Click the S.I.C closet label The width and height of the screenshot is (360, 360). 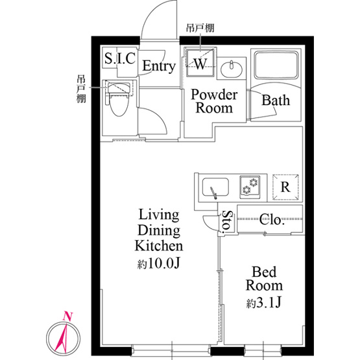[119, 58]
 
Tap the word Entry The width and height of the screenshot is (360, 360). [159, 66]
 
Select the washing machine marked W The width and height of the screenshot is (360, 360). [200, 63]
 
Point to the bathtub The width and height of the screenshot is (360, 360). [276, 66]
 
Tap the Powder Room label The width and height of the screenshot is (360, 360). [214, 101]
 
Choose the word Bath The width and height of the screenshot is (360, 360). [276, 101]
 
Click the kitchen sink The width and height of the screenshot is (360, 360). [215, 187]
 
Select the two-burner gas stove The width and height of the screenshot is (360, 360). [250, 187]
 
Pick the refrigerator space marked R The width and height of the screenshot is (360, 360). [285, 187]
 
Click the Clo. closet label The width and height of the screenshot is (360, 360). [272, 220]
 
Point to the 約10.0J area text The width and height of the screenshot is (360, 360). [158, 263]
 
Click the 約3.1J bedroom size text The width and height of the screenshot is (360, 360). [264, 303]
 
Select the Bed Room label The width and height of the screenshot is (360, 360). [264, 278]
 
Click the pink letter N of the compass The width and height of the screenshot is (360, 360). [68, 316]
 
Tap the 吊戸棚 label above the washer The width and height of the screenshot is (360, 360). [200, 28]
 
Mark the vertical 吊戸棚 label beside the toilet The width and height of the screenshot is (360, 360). [81, 89]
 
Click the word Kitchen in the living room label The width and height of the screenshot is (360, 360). [159, 245]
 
